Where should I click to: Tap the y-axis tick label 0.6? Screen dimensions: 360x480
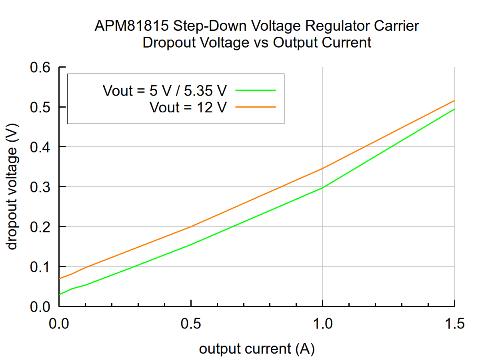click(41, 67)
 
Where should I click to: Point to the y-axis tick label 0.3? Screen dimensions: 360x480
click(41, 187)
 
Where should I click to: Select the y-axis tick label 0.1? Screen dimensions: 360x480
click(41, 266)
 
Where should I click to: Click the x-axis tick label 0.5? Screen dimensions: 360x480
click(191, 323)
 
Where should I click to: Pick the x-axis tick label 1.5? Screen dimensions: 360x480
click(454, 323)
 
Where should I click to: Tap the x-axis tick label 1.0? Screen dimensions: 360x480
click(322, 323)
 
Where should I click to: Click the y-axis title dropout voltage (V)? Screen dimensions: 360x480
click(13, 187)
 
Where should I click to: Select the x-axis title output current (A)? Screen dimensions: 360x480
click(257, 349)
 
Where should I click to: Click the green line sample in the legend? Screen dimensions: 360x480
click(256, 90)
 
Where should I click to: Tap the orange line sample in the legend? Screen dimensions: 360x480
click(256, 107)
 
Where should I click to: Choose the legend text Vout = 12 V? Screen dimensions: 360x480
click(188, 107)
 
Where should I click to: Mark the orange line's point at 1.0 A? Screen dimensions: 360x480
click(322, 168)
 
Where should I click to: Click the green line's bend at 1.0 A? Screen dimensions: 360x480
click(322, 188)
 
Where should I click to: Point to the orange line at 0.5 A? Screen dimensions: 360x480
click(191, 227)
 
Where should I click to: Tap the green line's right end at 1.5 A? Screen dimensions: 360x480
click(454, 109)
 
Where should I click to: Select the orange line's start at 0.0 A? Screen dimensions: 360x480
click(59, 278)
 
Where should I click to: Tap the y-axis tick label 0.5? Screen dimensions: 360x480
click(41, 107)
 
